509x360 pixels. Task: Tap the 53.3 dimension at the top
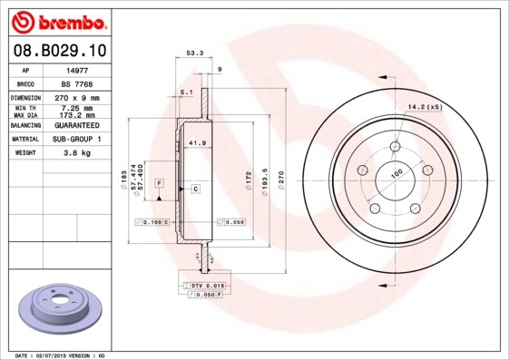194,54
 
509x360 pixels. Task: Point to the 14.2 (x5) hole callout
424,108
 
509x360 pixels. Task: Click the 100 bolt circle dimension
396,173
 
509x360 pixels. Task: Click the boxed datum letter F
158,183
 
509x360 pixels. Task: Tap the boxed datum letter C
195,189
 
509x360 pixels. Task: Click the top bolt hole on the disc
395,148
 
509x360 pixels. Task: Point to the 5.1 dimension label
186,92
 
